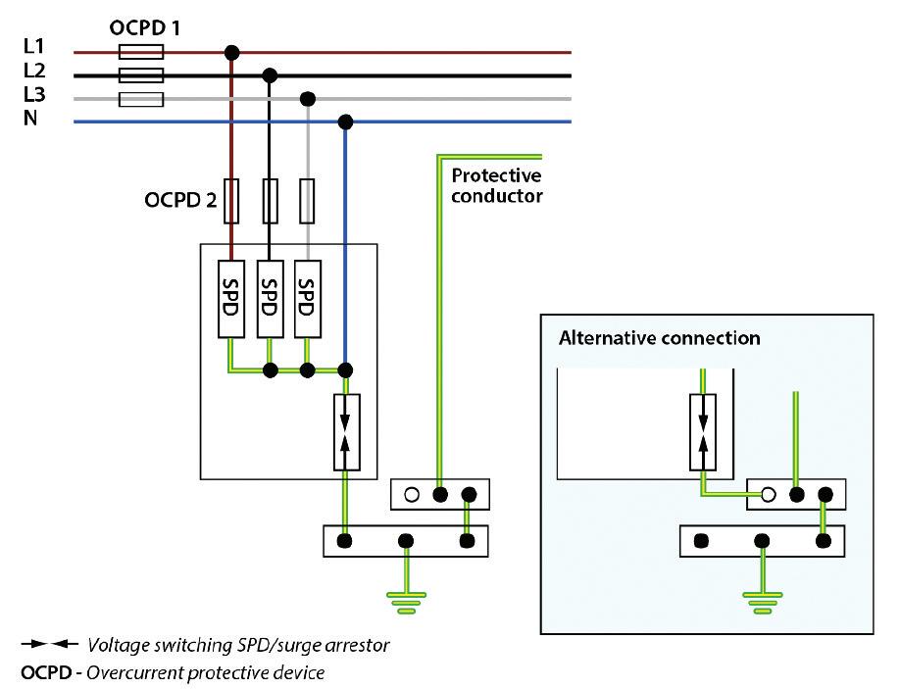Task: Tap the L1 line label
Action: point(32,45)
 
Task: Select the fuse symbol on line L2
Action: point(140,74)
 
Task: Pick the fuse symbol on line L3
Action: point(140,99)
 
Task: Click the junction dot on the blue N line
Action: point(345,123)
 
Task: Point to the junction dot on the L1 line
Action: point(231,51)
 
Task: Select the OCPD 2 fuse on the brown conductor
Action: point(232,201)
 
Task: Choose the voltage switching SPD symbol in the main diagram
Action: point(345,432)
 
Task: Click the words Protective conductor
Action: point(496,185)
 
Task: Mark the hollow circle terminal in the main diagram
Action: point(412,494)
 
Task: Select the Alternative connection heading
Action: point(659,338)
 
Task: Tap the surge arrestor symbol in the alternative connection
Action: point(703,432)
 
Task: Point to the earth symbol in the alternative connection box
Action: point(762,599)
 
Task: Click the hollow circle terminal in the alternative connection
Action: point(769,494)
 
